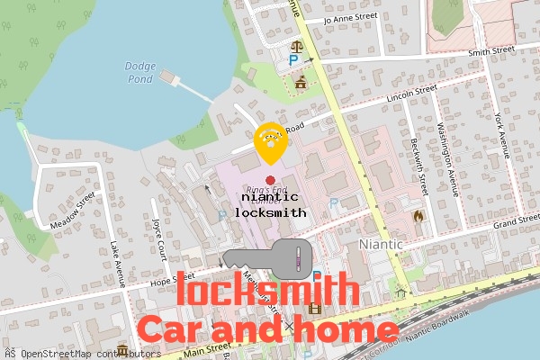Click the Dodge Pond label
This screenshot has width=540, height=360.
[x=139, y=72]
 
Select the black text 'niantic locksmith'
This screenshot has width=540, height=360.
[x=270, y=204]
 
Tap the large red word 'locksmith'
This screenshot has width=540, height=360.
[x=264, y=292]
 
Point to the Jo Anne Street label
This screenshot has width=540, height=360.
[x=354, y=16]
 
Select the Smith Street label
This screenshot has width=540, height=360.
[x=490, y=51]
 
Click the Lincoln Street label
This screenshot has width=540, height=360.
[x=410, y=93]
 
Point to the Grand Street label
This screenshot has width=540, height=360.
[x=516, y=220]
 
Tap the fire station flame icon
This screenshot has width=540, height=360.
[x=418, y=216]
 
